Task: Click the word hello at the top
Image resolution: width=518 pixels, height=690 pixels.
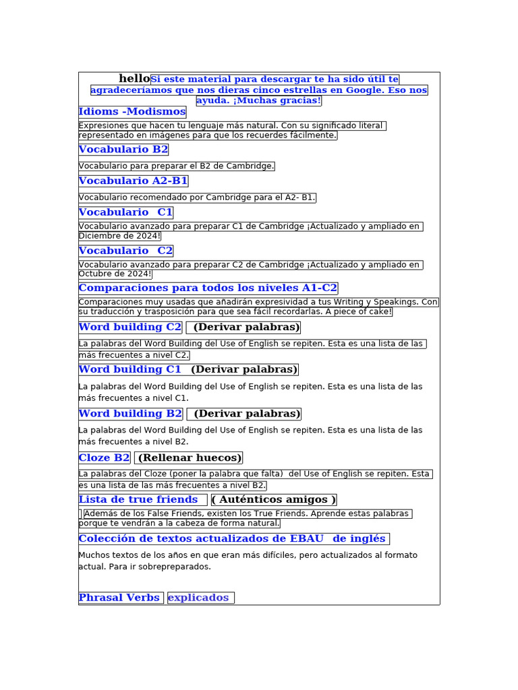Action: point(134,79)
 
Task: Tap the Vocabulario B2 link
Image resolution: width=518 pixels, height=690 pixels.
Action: point(123,150)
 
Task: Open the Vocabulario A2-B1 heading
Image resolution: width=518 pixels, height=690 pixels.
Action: point(133,181)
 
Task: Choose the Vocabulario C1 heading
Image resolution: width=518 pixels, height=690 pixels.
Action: point(125,213)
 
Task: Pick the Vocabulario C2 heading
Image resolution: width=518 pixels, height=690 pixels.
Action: point(125,251)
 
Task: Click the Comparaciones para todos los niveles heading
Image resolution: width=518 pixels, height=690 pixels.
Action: point(208,288)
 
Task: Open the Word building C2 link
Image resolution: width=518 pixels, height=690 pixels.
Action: point(130,327)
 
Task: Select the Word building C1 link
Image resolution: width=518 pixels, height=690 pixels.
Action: point(130,370)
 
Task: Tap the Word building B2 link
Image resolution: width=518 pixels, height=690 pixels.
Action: point(130,414)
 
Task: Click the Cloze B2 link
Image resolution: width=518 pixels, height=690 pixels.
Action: point(104,458)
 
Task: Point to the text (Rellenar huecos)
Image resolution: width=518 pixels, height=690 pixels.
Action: point(190,458)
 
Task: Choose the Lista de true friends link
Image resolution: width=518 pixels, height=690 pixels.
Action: point(138,500)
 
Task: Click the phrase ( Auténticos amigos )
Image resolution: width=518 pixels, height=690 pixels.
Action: point(274,500)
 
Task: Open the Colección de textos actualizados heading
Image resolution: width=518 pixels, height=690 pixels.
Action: point(232,539)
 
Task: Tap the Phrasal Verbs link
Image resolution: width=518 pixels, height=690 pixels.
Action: point(119,598)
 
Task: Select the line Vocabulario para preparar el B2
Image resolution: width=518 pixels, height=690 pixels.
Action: point(176,166)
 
